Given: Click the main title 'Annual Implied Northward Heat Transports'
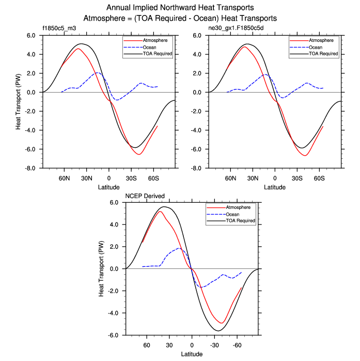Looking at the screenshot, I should click(180, 8).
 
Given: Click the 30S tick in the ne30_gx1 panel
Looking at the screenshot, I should click(297, 177).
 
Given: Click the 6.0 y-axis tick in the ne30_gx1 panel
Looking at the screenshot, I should click(197, 36).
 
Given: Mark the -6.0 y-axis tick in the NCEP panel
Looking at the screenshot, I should click(113, 335).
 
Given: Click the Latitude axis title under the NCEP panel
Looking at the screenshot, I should click(192, 354).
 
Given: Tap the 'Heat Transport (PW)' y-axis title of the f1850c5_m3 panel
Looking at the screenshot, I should click(18, 102).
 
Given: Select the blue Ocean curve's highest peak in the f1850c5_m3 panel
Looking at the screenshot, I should click(98, 72).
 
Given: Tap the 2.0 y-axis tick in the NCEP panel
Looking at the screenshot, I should click(114, 247).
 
